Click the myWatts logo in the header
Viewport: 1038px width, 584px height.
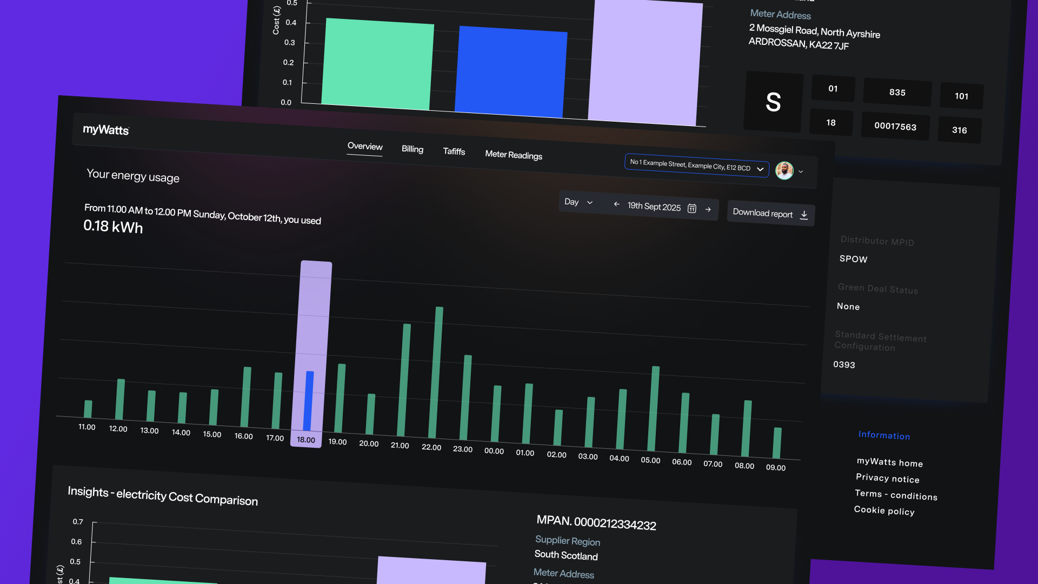(x=106, y=130)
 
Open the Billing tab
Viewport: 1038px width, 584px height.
(x=412, y=149)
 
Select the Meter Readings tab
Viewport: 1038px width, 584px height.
(x=514, y=155)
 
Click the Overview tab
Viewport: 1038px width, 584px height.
(x=365, y=147)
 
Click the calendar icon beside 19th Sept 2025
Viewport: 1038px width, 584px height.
(x=692, y=209)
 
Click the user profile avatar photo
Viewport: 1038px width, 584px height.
(x=784, y=171)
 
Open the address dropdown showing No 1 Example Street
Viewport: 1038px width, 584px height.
(x=696, y=165)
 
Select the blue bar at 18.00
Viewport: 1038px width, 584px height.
(x=309, y=400)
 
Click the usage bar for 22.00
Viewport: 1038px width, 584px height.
(x=436, y=373)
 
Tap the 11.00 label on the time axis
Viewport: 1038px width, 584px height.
(x=86, y=427)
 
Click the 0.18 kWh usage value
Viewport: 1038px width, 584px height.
(x=113, y=226)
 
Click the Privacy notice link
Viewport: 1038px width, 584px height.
(x=887, y=479)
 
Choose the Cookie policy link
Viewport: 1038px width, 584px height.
(x=884, y=510)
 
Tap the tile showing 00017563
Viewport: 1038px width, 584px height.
(x=895, y=127)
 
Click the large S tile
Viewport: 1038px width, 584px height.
(x=773, y=102)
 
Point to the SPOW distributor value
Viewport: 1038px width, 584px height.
(x=853, y=259)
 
